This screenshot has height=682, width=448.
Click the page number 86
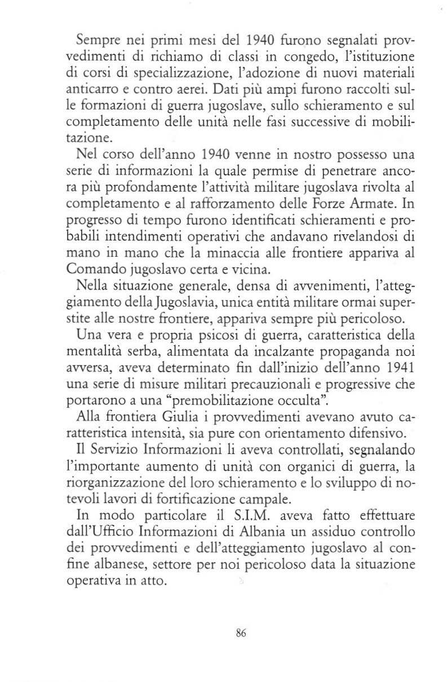(x=241, y=632)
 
